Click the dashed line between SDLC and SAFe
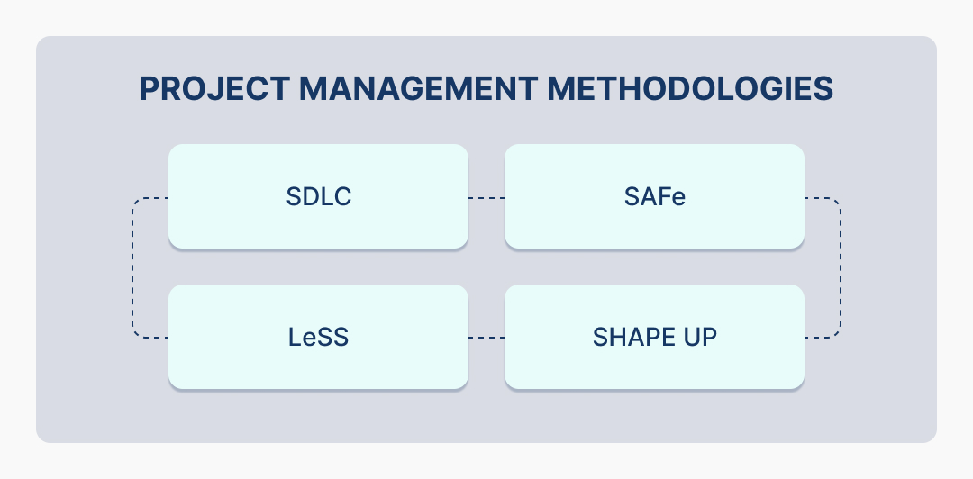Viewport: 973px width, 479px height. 486,197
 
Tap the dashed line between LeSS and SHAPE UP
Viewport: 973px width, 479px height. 486,338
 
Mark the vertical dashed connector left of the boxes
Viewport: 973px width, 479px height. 133,267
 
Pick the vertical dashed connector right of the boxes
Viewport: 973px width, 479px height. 840,267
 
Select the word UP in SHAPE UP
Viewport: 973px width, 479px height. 701,338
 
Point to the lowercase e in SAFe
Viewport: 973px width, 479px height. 678,198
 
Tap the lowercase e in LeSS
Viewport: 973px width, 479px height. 305,339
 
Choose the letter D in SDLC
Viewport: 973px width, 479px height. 306,197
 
